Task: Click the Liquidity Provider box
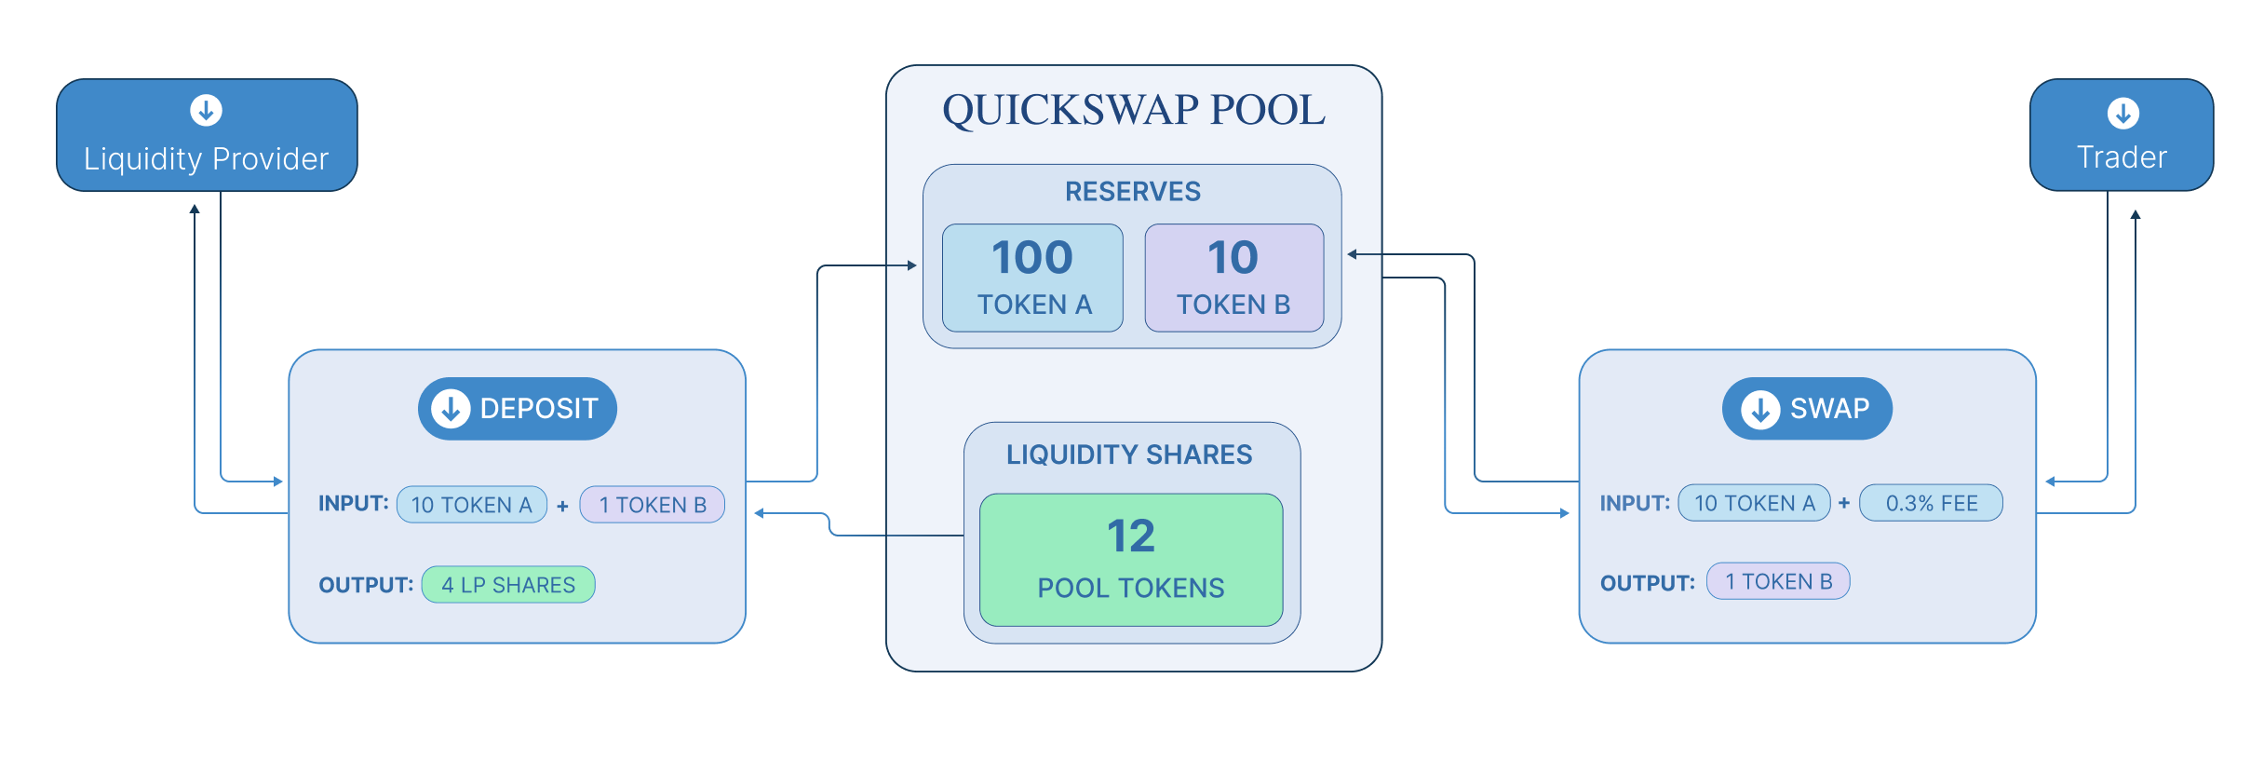click(207, 136)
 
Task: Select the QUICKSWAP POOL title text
click(1133, 111)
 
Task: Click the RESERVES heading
click(1132, 192)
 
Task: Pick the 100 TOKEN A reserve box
click(1032, 278)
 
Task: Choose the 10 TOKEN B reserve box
click(1233, 278)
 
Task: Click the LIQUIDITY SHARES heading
click(1129, 455)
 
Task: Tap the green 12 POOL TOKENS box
click(1131, 560)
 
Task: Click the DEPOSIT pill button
click(518, 409)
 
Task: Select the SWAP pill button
click(1807, 409)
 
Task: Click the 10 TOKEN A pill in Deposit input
click(472, 505)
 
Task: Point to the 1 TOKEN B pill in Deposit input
click(652, 505)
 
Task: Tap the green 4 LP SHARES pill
click(508, 585)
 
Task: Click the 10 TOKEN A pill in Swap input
click(1754, 503)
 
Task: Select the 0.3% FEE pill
click(1931, 503)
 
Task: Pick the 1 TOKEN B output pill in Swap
click(1778, 581)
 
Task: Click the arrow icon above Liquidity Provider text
click(206, 110)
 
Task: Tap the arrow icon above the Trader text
click(2122, 114)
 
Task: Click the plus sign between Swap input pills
click(1844, 503)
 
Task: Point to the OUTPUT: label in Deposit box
click(366, 585)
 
